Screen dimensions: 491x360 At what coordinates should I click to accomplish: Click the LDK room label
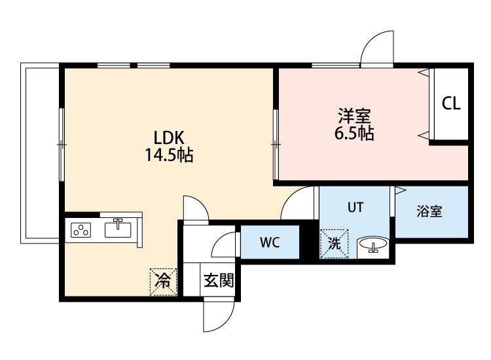click(x=169, y=137)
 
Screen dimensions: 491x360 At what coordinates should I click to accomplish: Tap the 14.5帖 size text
click(x=169, y=155)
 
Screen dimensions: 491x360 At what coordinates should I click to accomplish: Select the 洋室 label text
click(x=354, y=116)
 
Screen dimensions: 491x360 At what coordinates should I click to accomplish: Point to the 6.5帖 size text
click(x=354, y=133)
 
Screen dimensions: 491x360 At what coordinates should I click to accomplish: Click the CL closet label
click(x=451, y=103)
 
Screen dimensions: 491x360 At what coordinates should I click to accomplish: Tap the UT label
click(x=355, y=207)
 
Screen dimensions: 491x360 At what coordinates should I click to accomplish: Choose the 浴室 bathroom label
click(x=429, y=211)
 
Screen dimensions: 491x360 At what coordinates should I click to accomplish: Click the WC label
click(x=270, y=242)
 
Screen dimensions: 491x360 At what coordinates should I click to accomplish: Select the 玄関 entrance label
click(x=219, y=281)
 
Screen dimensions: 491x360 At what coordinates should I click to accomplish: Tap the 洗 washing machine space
click(x=334, y=244)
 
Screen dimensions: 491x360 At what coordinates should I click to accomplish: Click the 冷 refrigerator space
click(x=163, y=281)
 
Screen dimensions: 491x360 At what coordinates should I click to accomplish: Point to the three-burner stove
click(x=81, y=230)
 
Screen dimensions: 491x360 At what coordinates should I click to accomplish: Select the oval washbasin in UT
click(x=373, y=244)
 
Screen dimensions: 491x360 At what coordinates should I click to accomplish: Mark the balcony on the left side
click(x=40, y=153)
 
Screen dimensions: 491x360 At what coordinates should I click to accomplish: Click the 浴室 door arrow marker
click(x=401, y=190)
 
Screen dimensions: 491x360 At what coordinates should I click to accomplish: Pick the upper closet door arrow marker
click(x=424, y=73)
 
